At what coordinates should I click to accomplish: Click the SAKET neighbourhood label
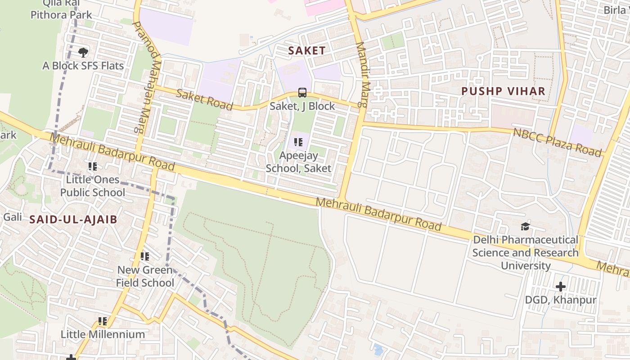point(306,50)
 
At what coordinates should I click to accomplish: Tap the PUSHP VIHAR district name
point(503,91)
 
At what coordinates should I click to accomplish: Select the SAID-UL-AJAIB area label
point(73,220)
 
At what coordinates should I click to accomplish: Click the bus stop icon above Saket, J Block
point(302,93)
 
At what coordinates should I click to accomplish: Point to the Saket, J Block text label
point(302,106)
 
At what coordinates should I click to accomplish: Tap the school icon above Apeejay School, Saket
point(298,143)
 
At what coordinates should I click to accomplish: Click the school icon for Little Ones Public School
point(93,166)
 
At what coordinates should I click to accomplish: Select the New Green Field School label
point(145,276)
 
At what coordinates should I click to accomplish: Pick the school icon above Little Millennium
point(103,321)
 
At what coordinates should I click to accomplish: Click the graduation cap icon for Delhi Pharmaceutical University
point(525,226)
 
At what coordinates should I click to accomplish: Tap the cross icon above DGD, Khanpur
point(560,286)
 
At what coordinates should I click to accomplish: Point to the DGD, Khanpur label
point(561,300)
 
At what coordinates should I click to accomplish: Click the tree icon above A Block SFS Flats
point(83,53)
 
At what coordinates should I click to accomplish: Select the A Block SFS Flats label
point(83,66)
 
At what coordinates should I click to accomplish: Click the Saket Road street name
point(204,99)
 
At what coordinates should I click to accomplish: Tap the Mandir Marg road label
point(362,75)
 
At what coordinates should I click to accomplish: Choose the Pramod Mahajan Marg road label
point(147,76)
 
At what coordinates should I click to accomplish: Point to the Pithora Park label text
point(61,15)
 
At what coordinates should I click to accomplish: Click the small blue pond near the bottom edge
point(378,350)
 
